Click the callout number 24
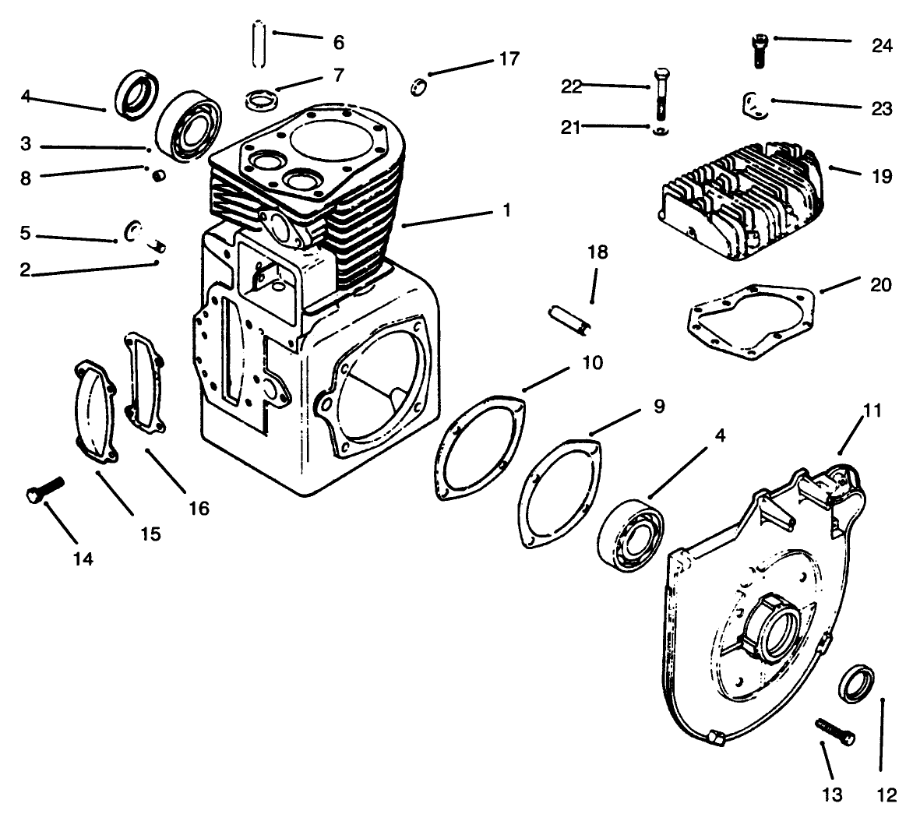[881, 45]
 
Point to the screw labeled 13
[835, 731]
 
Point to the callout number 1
[506, 210]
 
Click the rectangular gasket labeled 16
[144, 382]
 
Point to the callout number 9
[659, 407]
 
